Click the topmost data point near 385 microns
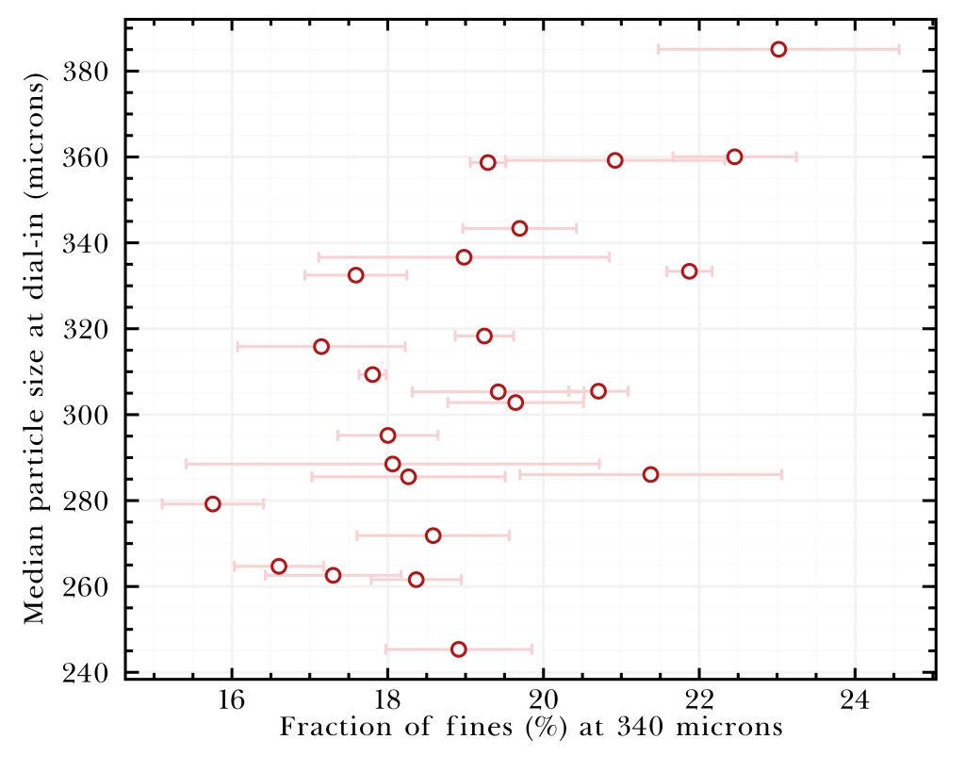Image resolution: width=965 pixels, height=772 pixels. (x=778, y=49)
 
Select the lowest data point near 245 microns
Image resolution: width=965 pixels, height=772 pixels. (x=459, y=649)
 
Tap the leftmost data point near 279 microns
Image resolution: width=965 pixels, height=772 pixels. (x=213, y=504)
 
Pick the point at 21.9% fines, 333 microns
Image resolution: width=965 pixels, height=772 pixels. (x=689, y=271)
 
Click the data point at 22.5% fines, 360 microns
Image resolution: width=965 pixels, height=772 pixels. (x=735, y=156)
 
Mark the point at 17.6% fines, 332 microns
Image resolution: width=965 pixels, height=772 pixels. (x=355, y=275)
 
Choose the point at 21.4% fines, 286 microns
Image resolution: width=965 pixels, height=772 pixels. (x=650, y=474)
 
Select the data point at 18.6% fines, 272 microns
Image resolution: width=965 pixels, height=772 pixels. (x=433, y=535)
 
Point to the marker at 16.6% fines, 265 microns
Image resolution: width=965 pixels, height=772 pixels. (x=279, y=567)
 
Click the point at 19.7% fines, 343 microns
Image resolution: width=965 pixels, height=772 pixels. (x=519, y=228)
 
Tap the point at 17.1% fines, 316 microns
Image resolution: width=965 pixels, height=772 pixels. (x=321, y=347)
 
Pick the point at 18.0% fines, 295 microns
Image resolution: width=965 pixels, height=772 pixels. (x=387, y=435)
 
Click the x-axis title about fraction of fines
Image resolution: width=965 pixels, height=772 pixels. (x=532, y=728)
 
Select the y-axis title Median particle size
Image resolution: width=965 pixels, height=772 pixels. (x=35, y=353)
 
